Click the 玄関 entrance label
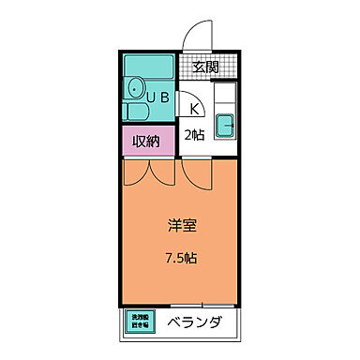[206, 67]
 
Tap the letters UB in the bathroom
[156, 96]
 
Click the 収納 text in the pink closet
[145, 142]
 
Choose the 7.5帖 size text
[182, 256]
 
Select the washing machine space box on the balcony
[139, 322]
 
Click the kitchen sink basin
[225, 126]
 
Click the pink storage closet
[145, 142]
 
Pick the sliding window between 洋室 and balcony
[197, 305]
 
